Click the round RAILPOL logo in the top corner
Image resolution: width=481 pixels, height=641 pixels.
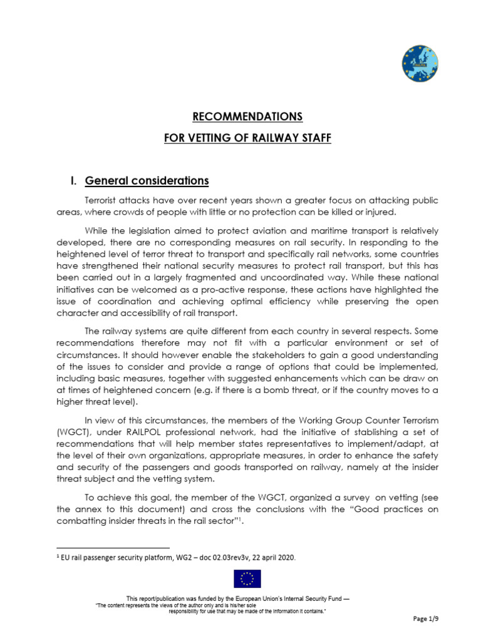[420, 64]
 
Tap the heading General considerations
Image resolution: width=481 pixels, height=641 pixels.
[147, 181]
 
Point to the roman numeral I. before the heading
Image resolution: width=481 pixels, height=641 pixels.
[73, 181]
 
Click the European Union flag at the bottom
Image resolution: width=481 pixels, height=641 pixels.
[247, 579]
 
